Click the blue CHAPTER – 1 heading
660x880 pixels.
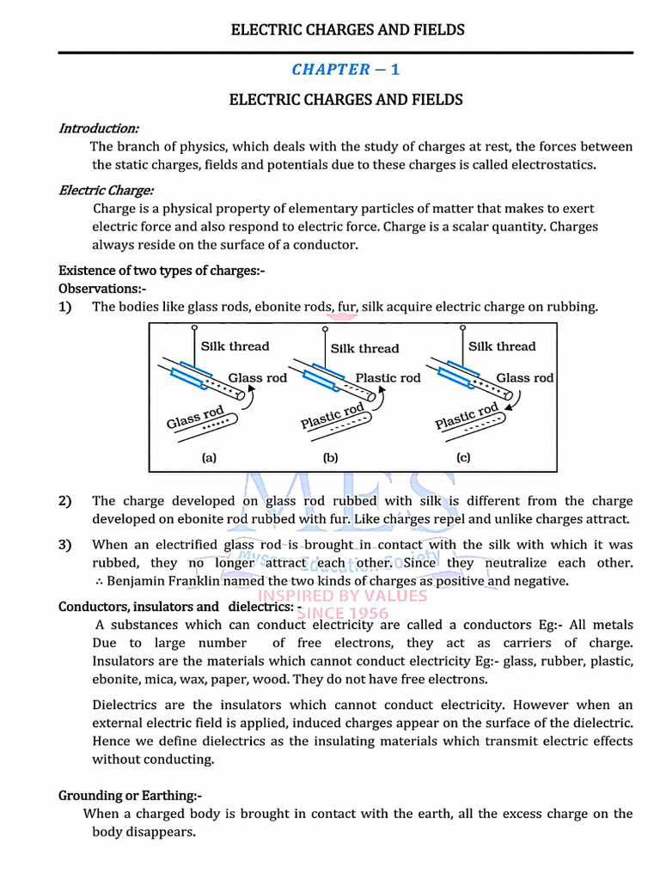345,70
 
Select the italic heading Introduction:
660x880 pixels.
98,128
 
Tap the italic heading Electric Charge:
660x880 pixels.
106,190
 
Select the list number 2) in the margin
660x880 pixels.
65,501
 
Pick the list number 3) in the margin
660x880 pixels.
65,545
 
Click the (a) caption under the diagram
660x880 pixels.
209,458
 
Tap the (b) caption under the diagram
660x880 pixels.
331,458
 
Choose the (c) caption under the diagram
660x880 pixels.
463,458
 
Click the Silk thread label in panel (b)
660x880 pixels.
364,349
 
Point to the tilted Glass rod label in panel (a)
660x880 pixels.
195,419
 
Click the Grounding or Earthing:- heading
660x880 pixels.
130,796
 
